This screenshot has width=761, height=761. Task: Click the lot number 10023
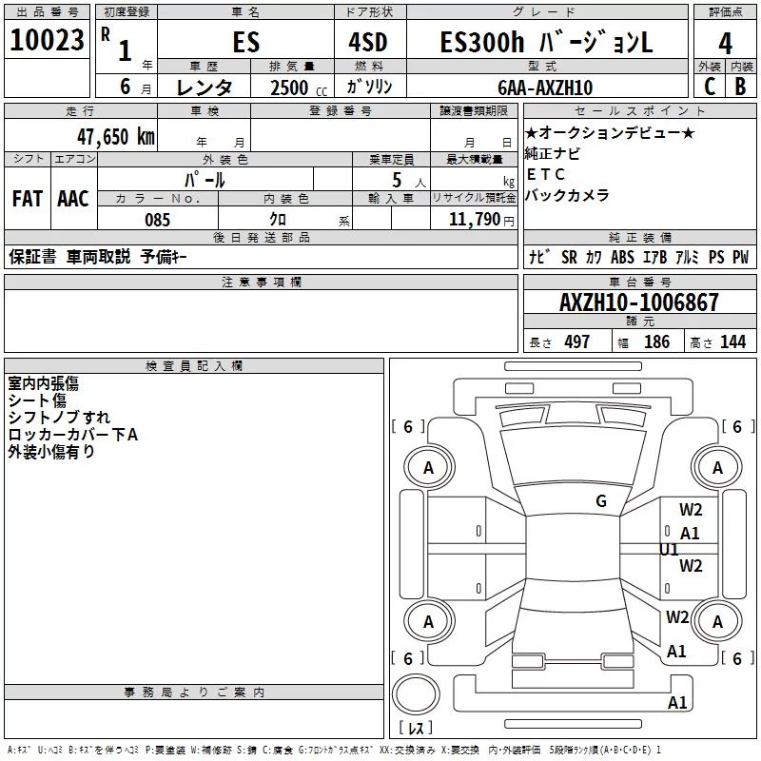[47, 40]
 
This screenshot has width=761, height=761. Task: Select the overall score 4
[725, 44]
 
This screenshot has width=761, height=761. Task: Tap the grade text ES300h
[482, 42]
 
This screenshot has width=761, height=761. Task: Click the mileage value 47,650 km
[116, 137]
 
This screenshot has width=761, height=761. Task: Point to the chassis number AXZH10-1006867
[638, 302]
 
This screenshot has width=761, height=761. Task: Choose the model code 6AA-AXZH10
[545, 88]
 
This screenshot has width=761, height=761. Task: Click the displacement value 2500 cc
[299, 88]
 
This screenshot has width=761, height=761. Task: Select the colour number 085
[157, 220]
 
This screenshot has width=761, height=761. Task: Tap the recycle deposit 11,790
[474, 220]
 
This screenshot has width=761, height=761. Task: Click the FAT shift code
[28, 199]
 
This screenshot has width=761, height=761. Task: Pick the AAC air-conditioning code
[73, 199]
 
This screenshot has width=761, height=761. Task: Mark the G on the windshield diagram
[601, 501]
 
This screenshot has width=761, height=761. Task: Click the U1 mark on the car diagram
[669, 550]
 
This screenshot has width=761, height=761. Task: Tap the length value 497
[577, 341]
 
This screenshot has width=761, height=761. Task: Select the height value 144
[732, 341]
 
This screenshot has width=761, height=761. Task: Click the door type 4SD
[368, 42]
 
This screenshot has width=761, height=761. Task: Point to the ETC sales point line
[545, 174]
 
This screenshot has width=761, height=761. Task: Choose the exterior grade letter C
[710, 87]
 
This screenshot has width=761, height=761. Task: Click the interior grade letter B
[740, 87]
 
